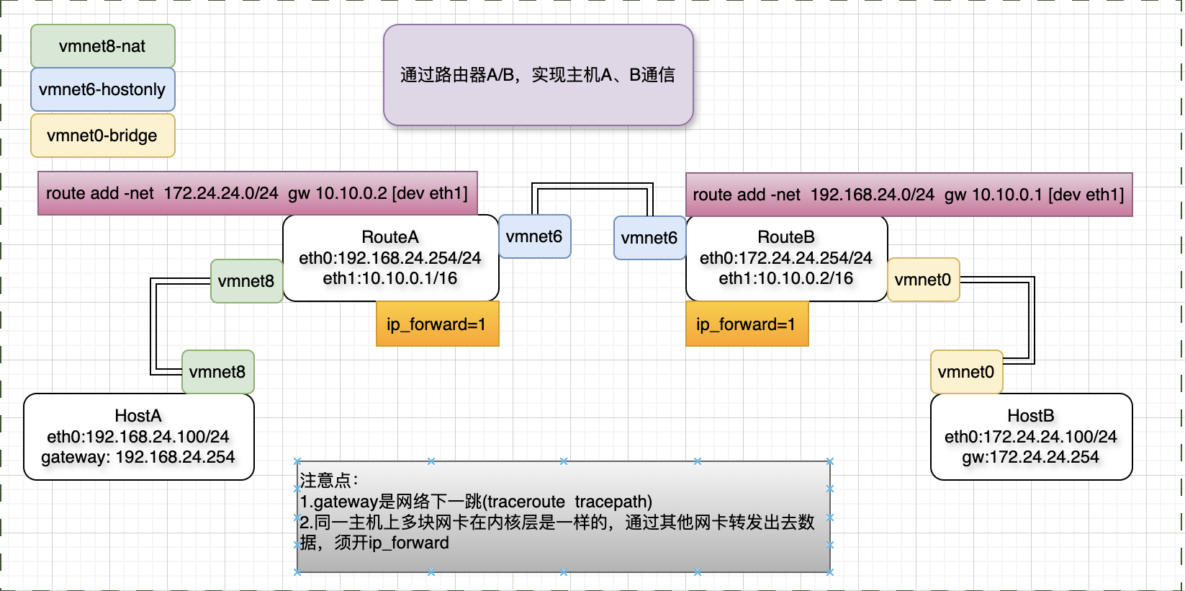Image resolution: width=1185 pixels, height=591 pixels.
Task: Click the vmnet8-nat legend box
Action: (x=102, y=46)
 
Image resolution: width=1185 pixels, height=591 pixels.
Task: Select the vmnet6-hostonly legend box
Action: (x=102, y=89)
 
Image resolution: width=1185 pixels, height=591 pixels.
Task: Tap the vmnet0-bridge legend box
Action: (x=102, y=135)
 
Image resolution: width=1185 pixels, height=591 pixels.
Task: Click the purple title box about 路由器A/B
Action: (x=538, y=75)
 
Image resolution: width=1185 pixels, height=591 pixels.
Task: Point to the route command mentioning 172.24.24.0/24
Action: (x=257, y=193)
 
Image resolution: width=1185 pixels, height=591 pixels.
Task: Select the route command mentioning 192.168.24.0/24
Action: (x=909, y=195)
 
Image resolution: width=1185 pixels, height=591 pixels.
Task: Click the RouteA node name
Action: (x=390, y=237)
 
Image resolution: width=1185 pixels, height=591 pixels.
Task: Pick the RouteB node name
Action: (x=786, y=237)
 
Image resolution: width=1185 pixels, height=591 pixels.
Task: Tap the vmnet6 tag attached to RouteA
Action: (x=534, y=236)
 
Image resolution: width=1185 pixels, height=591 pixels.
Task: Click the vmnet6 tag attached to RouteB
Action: (x=649, y=238)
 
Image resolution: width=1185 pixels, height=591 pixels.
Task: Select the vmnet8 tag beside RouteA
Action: (x=246, y=281)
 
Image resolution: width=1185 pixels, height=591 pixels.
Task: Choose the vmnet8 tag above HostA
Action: (x=217, y=372)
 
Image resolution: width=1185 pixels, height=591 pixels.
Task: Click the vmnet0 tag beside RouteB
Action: (x=923, y=280)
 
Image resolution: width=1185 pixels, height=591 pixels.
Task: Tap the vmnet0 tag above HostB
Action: (x=966, y=372)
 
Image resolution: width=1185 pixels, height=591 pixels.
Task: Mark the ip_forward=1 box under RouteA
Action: (x=437, y=324)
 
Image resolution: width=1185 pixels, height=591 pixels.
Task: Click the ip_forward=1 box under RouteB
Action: (x=747, y=324)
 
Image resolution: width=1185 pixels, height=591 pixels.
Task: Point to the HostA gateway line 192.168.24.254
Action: (x=138, y=457)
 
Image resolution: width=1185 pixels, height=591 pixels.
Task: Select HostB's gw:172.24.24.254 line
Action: (x=1031, y=457)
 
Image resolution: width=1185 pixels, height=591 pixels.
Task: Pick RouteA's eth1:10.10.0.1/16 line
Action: (x=390, y=278)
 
